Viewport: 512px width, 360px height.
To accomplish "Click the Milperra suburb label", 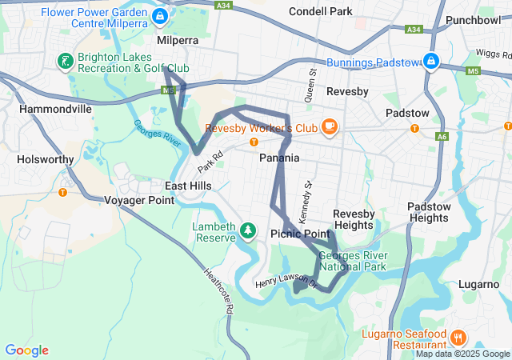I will coord(178,39).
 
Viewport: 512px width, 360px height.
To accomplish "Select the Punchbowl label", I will coord(473,19).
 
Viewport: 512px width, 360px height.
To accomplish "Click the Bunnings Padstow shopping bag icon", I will coord(430,62).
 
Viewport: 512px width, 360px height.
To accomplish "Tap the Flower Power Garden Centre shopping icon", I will coord(160,16).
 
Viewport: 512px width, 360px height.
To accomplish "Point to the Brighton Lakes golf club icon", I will coord(64,62).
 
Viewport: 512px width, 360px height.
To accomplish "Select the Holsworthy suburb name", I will coord(45,159).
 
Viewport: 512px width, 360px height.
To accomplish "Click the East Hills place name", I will coord(189,186).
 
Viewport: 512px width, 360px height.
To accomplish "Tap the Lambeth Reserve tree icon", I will coord(248,231).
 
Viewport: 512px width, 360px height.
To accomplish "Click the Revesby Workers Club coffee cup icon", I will coord(329,126).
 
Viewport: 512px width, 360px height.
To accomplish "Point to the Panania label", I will coord(279,158).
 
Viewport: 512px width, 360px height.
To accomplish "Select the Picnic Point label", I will coord(300,234).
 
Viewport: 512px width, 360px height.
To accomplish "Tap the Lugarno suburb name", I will coord(480,284).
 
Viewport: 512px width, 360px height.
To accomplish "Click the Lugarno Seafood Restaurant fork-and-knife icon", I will coord(458,337).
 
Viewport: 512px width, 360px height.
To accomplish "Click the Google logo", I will coord(26,350).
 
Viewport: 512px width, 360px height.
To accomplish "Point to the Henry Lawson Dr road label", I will coord(286,282).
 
